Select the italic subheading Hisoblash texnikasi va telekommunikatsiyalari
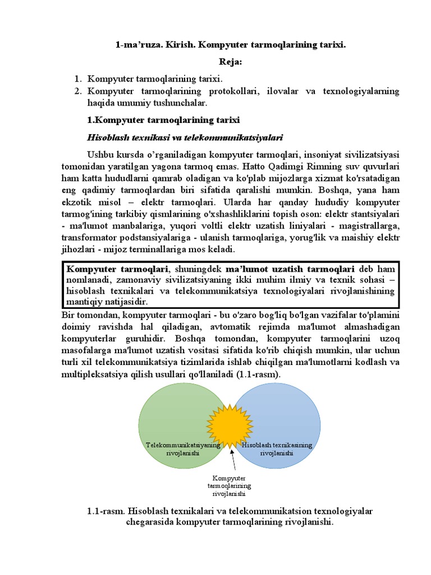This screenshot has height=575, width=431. click(185, 137)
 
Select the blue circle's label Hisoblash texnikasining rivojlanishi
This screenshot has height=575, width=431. click(277, 449)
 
